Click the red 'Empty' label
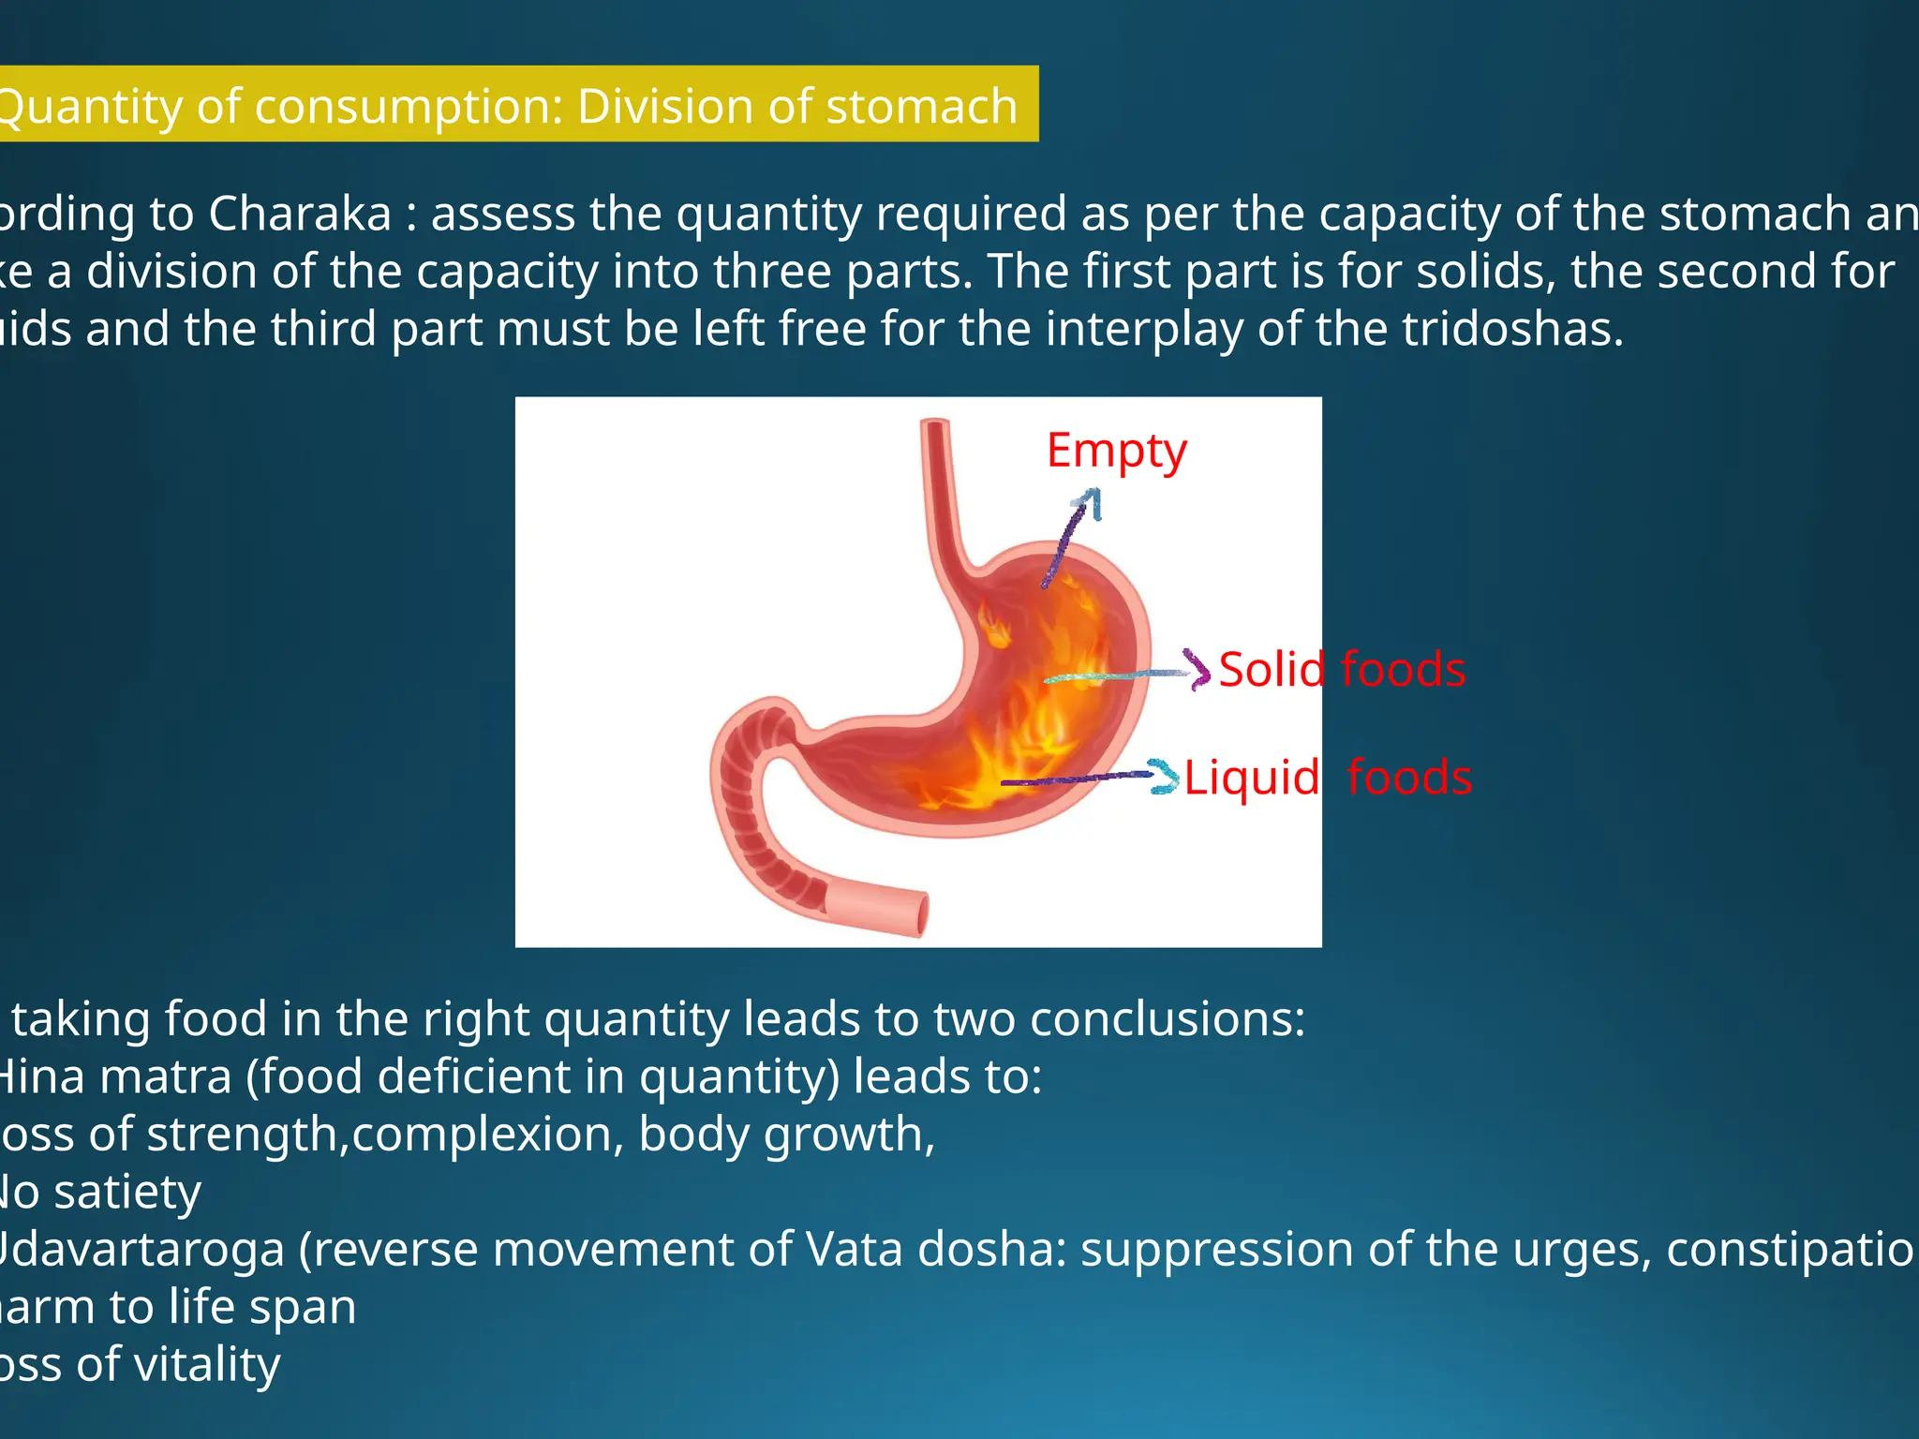pos(1116,451)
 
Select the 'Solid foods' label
pos(1341,670)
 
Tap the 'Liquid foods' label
pos(1327,778)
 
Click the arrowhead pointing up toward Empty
pos(1089,500)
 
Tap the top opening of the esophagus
pos(935,424)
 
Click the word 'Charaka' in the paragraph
pos(299,214)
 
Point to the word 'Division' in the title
pos(665,106)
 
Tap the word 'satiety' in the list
pos(127,1192)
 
